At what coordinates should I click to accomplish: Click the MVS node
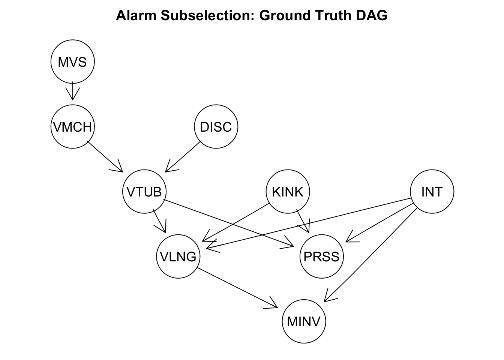coord(72,62)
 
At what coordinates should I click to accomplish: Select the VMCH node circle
coord(72,127)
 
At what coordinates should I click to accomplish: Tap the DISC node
coord(216,127)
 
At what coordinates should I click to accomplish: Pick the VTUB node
coord(144,192)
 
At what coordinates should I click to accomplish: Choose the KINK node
coord(288,192)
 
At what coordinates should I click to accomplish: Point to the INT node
coord(432,192)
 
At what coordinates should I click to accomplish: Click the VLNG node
coord(178,256)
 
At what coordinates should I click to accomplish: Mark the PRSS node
coord(321,256)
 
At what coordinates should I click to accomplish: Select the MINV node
coord(304,321)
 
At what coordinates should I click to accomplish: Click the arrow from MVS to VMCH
coord(72,91)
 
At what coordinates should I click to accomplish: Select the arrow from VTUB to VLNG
coord(160,221)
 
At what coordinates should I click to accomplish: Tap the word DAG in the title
coord(373,16)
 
